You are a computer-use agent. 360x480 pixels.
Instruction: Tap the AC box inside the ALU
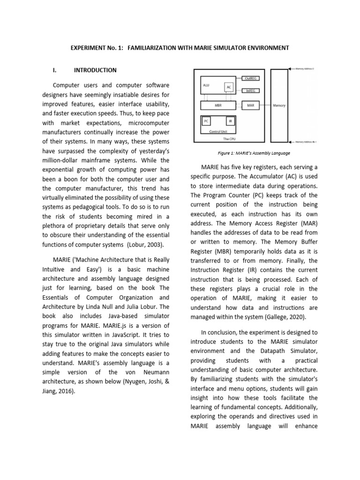(229, 88)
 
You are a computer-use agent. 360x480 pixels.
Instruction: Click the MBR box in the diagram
(217, 106)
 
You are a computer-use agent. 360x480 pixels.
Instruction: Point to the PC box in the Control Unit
(206, 121)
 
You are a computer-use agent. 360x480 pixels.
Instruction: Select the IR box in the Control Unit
(230, 121)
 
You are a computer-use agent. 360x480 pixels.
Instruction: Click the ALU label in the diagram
(206, 85)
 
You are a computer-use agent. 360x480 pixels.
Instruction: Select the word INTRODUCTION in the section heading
(95, 70)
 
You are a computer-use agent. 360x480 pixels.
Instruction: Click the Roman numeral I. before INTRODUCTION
(54, 70)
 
